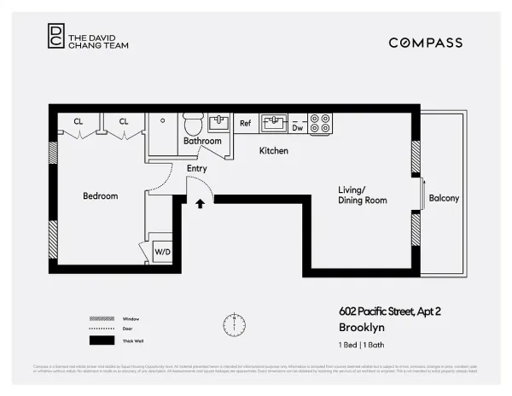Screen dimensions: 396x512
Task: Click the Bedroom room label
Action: pos(100,196)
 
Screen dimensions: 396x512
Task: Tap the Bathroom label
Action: pos(202,141)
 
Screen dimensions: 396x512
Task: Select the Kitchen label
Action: pos(274,151)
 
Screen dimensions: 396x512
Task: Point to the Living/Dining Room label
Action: pos(362,195)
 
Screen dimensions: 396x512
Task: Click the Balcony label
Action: pos(444,198)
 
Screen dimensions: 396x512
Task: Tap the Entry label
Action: pos(197,169)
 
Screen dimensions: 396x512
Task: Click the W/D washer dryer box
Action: pos(162,252)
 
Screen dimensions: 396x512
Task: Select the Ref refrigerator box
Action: pos(245,124)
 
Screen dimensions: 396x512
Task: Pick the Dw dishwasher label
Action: pos(298,127)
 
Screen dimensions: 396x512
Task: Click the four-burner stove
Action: pos(320,124)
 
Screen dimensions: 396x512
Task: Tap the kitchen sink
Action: pos(274,124)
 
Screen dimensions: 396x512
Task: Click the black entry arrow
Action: pos(201,204)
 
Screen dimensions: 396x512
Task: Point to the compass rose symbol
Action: pos(234,324)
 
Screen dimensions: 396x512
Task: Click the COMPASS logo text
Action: pos(425,43)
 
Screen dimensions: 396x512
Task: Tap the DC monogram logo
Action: pos(55,35)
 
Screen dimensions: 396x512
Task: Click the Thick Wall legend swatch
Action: pos(102,340)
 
